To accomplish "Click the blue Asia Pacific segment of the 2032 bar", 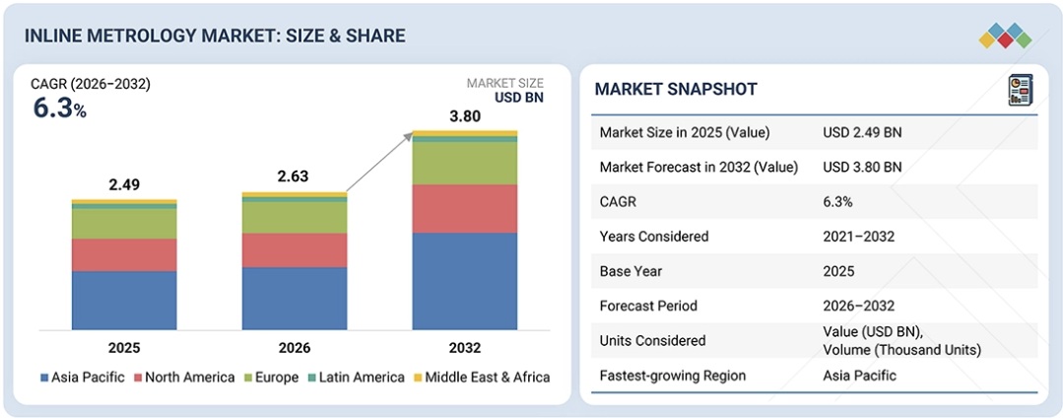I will click(464, 281).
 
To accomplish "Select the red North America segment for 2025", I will click(124, 254).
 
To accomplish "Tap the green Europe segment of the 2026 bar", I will click(295, 217).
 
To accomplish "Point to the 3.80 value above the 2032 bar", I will click(465, 116).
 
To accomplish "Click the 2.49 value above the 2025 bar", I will click(124, 184).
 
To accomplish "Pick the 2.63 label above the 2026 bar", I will click(295, 177).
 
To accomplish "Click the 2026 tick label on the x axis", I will click(295, 347).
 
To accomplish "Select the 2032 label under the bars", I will click(465, 347).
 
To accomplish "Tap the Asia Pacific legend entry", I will click(85, 377).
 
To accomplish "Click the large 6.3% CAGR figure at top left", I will click(59, 108).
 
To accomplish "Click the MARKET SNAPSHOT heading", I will click(676, 90).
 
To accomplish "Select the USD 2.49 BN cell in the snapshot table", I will click(862, 132).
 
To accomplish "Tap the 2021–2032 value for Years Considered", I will click(859, 237).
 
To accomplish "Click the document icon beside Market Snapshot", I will click(1019, 90).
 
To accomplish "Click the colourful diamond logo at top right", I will click(1005, 36).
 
